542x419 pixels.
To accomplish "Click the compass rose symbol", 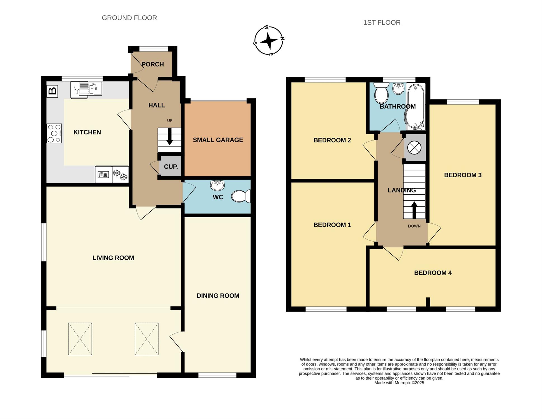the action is click(x=269, y=41).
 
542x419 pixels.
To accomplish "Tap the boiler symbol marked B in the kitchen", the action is click(x=52, y=91).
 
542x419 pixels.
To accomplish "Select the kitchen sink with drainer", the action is click(x=86, y=90).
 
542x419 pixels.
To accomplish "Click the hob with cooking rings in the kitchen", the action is click(x=54, y=134).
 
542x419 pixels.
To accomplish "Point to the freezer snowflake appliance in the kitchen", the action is click(x=120, y=175).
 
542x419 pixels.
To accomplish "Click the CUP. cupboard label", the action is click(x=171, y=167).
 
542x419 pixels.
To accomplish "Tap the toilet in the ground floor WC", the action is click(x=241, y=196).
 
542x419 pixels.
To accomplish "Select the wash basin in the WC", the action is click(x=217, y=185).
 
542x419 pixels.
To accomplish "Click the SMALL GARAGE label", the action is click(x=218, y=140).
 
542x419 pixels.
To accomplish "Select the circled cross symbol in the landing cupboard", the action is click(x=414, y=147).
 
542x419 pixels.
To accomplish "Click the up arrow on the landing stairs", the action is click(x=414, y=210).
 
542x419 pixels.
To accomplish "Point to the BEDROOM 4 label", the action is click(x=433, y=273).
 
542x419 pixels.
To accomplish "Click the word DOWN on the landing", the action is click(x=414, y=226).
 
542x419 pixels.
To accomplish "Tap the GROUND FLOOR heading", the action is click(x=129, y=18).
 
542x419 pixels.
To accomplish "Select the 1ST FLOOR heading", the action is click(x=382, y=23).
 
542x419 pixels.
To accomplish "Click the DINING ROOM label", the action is click(x=218, y=296).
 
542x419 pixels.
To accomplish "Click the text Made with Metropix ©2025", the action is click(x=399, y=383).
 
